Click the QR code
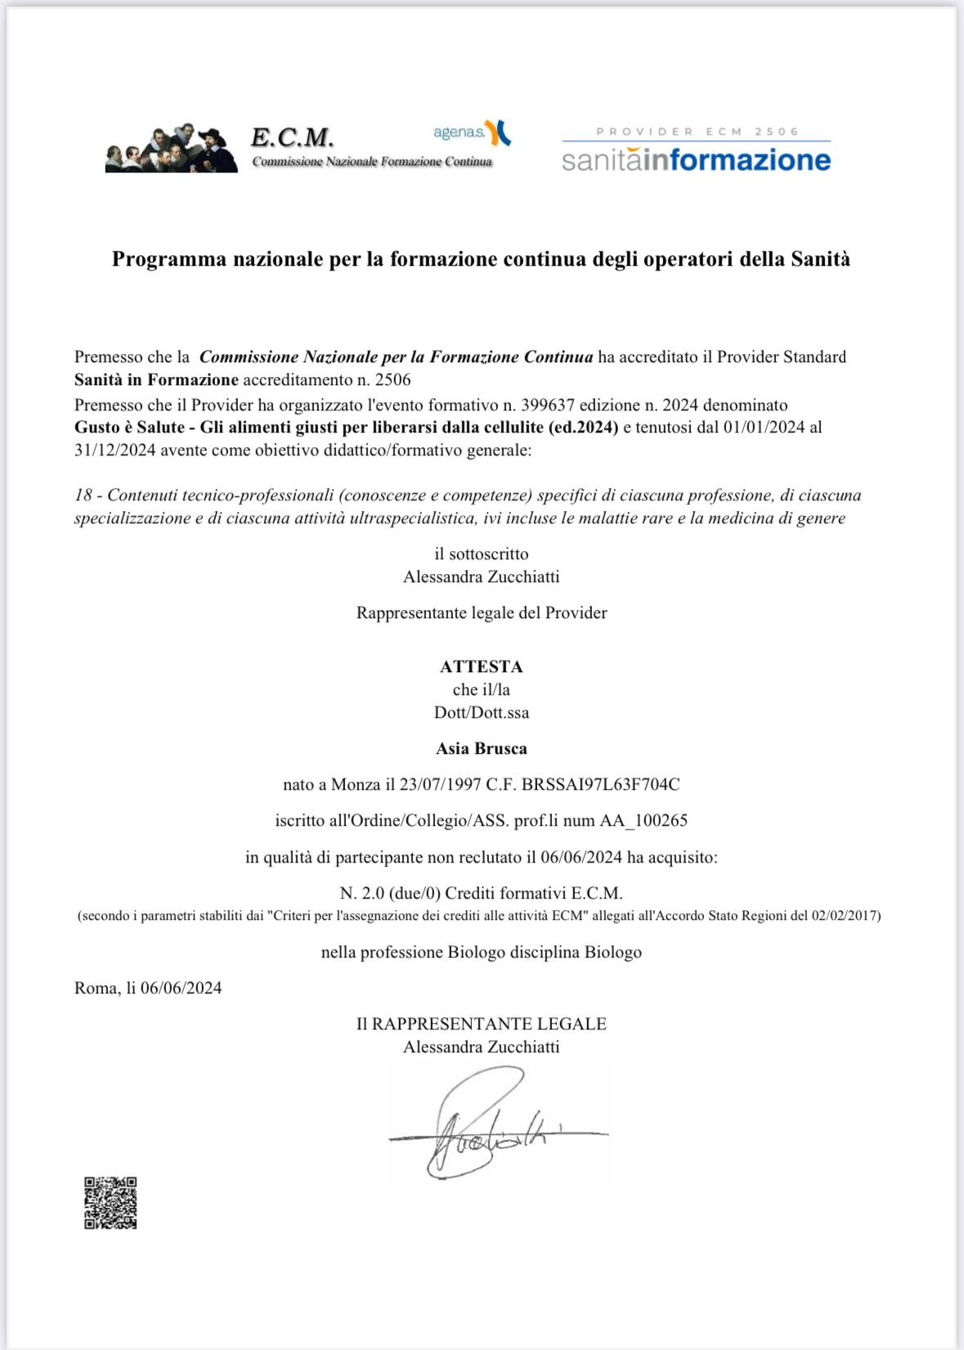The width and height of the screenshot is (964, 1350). point(110,1203)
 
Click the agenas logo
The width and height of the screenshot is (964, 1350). point(472,132)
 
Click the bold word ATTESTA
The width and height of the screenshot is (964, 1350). point(481,666)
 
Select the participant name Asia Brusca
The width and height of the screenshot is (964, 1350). point(481,748)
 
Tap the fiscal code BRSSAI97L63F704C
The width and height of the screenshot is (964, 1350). point(600,784)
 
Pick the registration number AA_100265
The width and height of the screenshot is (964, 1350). point(643,820)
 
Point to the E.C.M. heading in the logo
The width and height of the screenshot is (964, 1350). point(292,137)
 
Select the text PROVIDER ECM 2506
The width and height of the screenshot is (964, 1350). point(697,132)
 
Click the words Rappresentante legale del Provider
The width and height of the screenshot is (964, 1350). point(481,612)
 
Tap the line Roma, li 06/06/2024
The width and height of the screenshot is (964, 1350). point(148,988)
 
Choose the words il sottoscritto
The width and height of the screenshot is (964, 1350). point(481,554)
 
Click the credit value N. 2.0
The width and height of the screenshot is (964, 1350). point(362,893)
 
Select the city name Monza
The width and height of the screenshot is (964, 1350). point(356,784)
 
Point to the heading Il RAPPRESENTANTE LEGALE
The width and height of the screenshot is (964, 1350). point(481,1024)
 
